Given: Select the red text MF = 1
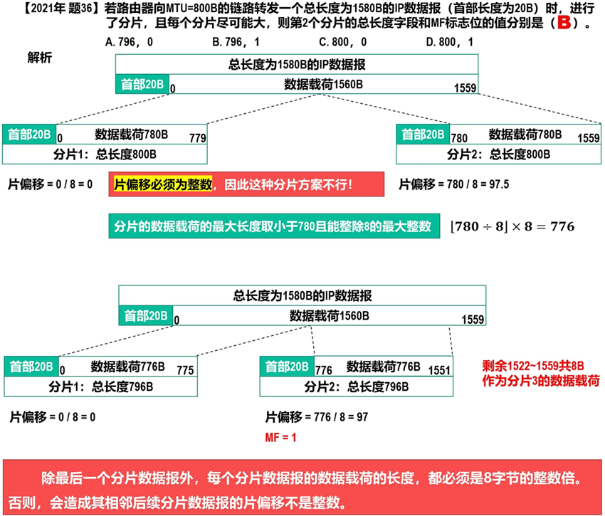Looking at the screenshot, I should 280,436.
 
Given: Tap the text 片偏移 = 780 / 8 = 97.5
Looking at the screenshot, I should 453,185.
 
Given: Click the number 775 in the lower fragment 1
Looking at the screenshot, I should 184,370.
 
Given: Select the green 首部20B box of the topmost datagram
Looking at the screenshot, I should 142,84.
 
